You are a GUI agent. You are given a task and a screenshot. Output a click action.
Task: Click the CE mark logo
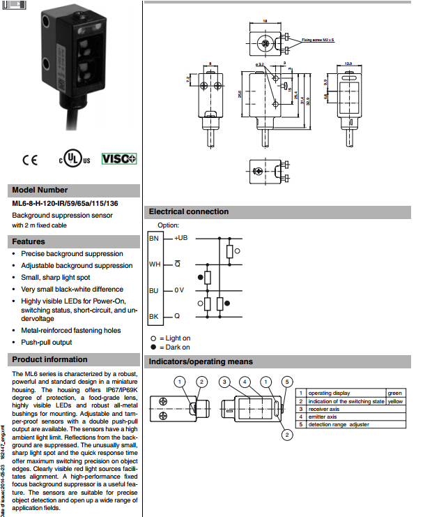[x=30, y=160]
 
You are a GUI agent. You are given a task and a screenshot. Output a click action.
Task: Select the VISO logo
[x=119, y=158]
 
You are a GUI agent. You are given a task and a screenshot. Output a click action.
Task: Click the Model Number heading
[x=40, y=190]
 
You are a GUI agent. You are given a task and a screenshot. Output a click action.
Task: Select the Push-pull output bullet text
[x=46, y=342]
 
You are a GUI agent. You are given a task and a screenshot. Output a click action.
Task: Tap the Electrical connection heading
[x=189, y=211]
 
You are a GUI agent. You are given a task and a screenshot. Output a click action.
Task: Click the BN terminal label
[x=155, y=239]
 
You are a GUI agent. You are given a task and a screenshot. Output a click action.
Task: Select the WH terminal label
[x=155, y=264]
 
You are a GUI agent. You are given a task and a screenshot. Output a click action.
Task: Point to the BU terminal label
[x=155, y=290]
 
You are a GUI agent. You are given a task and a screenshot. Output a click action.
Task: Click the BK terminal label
[x=155, y=316]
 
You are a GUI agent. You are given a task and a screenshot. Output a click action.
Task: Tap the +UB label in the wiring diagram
[x=180, y=238]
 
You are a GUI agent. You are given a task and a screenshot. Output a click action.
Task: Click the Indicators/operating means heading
[x=201, y=361]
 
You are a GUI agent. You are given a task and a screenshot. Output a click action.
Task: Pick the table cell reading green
[x=395, y=394]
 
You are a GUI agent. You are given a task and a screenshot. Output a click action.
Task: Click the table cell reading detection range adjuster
[x=339, y=424]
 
